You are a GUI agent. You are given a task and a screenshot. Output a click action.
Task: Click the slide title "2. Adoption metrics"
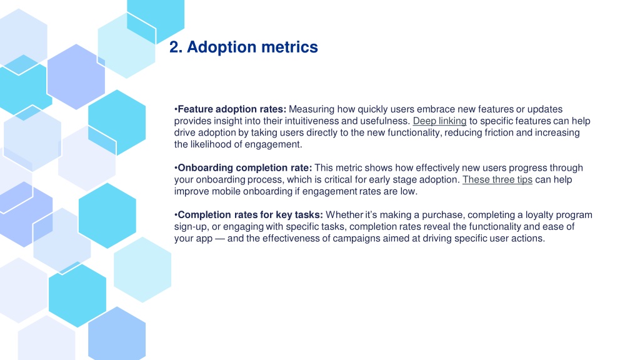(243, 47)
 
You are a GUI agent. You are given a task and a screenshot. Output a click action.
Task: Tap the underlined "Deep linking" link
(439, 121)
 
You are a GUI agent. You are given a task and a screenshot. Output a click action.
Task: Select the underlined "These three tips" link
(497, 179)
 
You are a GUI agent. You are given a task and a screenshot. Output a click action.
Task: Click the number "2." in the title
(176, 47)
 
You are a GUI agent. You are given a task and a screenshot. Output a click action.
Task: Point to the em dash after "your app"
(219, 238)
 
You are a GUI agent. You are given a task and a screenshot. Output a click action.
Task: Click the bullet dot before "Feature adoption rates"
(176, 109)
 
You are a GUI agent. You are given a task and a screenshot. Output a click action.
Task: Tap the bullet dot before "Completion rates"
(176, 215)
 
